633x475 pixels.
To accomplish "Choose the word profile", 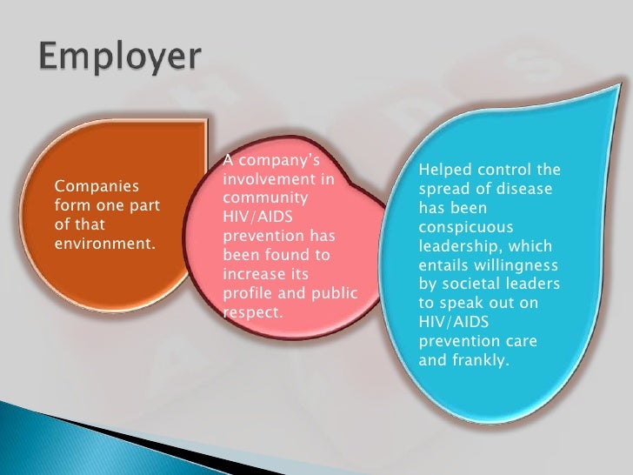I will coord(248,292).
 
